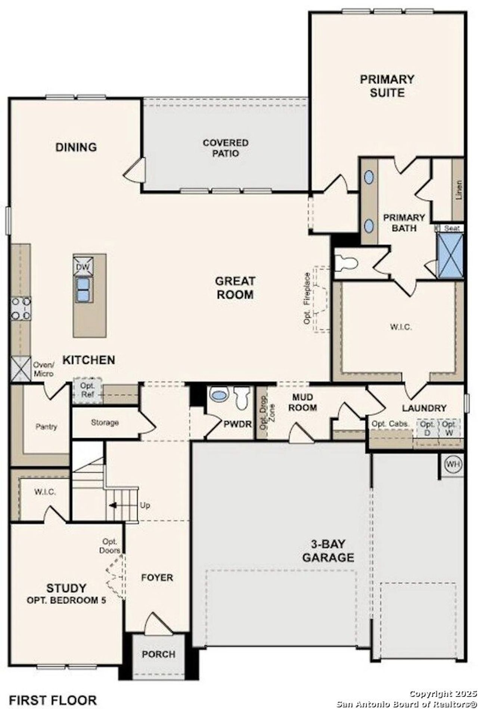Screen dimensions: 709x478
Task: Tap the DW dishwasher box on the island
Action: [x=83, y=266]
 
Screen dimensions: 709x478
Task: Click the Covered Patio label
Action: [x=225, y=148]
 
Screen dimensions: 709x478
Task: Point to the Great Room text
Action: [x=235, y=288]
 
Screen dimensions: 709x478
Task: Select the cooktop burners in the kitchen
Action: [x=21, y=309]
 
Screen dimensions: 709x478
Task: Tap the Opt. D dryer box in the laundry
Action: [x=426, y=427]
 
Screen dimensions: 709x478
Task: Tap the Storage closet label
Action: [x=105, y=423]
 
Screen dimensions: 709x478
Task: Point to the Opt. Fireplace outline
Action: [x=320, y=299]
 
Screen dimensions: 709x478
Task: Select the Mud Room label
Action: [x=302, y=402]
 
